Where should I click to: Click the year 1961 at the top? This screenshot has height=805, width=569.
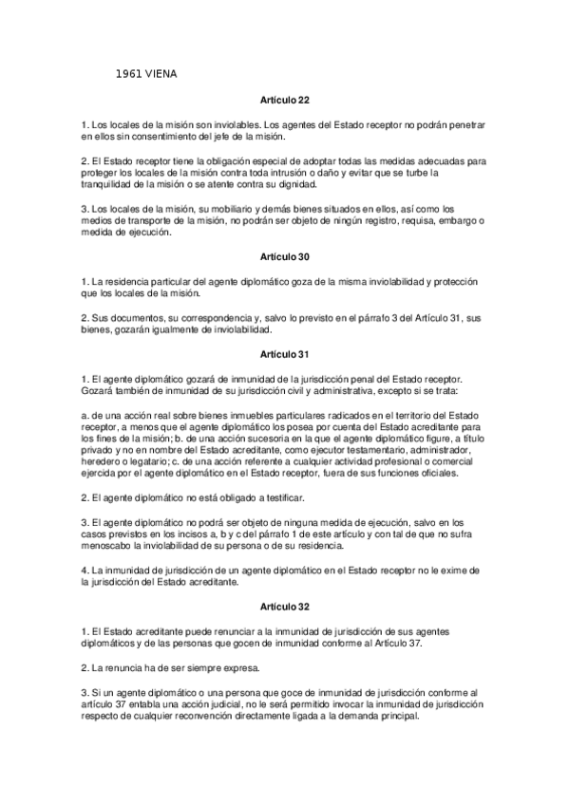point(128,73)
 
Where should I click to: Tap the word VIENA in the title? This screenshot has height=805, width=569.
point(162,73)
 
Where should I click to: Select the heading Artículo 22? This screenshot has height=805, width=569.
point(284,100)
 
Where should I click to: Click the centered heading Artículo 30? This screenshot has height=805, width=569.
point(284,256)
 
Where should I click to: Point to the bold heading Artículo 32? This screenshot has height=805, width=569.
point(284,604)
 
